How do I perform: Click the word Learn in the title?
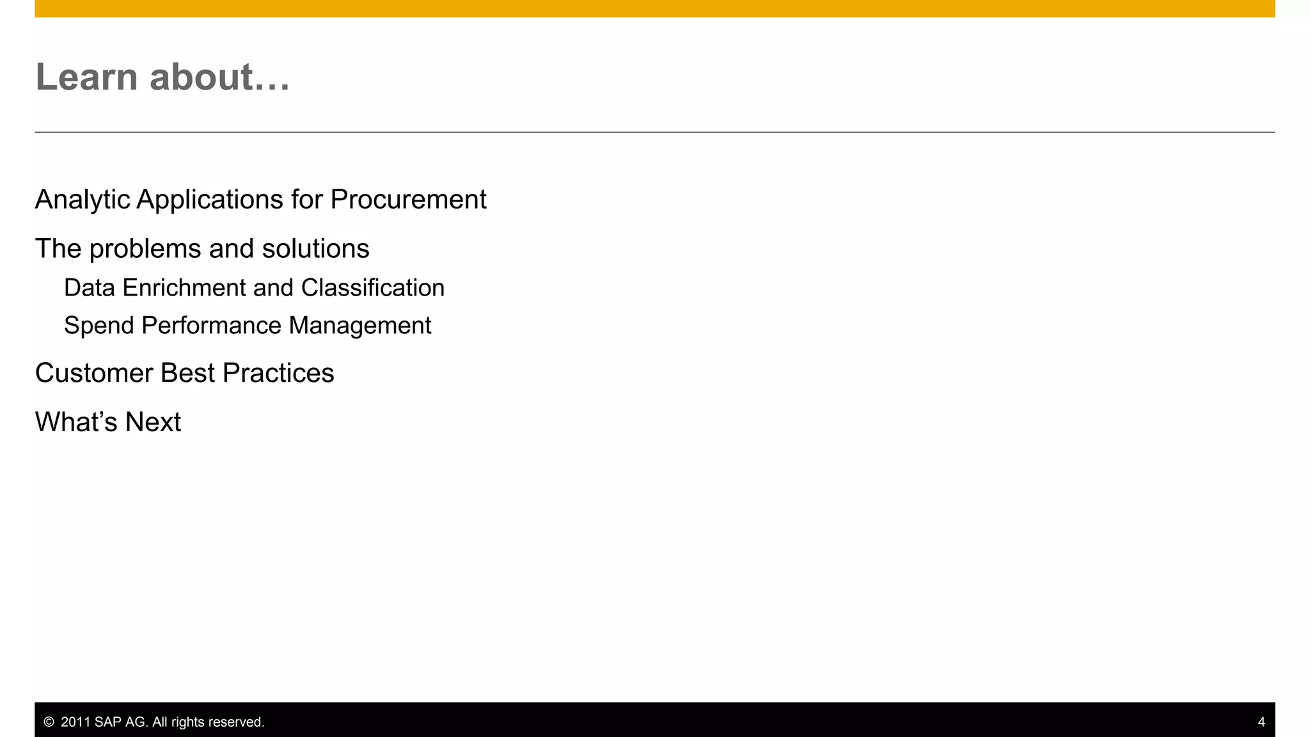(86, 77)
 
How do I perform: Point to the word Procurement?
(408, 200)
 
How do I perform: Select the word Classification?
(372, 288)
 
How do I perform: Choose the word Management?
(360, 326)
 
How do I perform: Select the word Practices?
(278, 373)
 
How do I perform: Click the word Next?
(153, 422)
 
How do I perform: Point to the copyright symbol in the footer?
(49, 722)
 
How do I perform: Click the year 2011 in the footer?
(75, 722)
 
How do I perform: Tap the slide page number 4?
(1261, 722)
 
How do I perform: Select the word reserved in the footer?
(240, 722)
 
